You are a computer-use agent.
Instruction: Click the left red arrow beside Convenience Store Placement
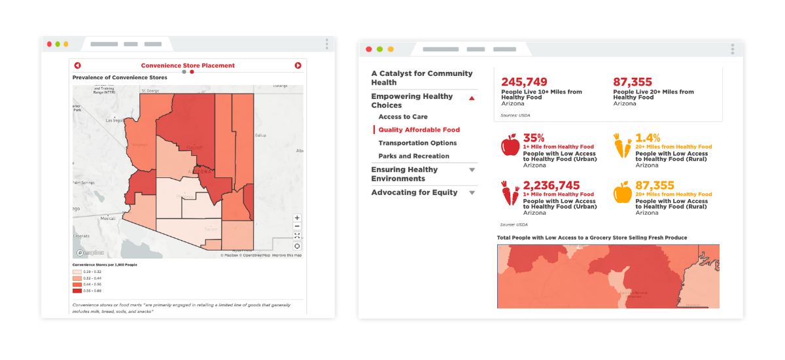click(x=77, y=65)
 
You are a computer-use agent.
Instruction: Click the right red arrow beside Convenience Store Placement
click(x=298, y=65)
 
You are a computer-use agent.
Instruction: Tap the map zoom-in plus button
click(x=297, y=218)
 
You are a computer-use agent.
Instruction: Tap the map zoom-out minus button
click(x=297, y=226)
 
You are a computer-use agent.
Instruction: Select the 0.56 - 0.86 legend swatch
click(x=77, y=289)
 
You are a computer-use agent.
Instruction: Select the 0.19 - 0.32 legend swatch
click(x=77, y=272)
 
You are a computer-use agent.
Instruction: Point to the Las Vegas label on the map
click(x=114, y=120)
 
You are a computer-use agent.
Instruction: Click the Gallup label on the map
click(x=260, y=135)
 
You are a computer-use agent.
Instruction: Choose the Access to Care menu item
click(x=403, y=117)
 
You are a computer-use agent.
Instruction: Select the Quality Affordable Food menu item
click(x=419, y=130)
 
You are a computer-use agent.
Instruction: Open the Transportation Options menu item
click(x=417, y=143)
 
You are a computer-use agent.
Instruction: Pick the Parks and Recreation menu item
click(x=413, y=156)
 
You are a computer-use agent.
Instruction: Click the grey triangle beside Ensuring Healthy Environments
click(x=472, y=170)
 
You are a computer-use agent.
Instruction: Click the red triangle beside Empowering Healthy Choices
click(x=472, y=98)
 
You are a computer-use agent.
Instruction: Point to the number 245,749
click(x=524, y=82)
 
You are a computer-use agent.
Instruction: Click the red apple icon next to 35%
click(x=510, y=145)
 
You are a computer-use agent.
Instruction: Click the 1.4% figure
click(x=648, y=138)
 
